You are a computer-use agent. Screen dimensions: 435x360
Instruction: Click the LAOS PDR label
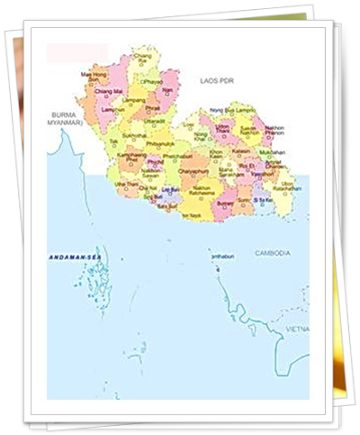pos(217,81)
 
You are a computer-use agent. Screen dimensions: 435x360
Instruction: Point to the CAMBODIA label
pos(272,254)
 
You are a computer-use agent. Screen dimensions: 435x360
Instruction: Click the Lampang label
pos(134,100)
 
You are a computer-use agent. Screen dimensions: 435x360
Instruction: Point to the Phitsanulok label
pos(159,143)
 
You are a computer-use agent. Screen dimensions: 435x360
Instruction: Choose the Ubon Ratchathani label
pos(287,186)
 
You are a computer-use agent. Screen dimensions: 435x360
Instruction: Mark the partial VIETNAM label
pos(296,330)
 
